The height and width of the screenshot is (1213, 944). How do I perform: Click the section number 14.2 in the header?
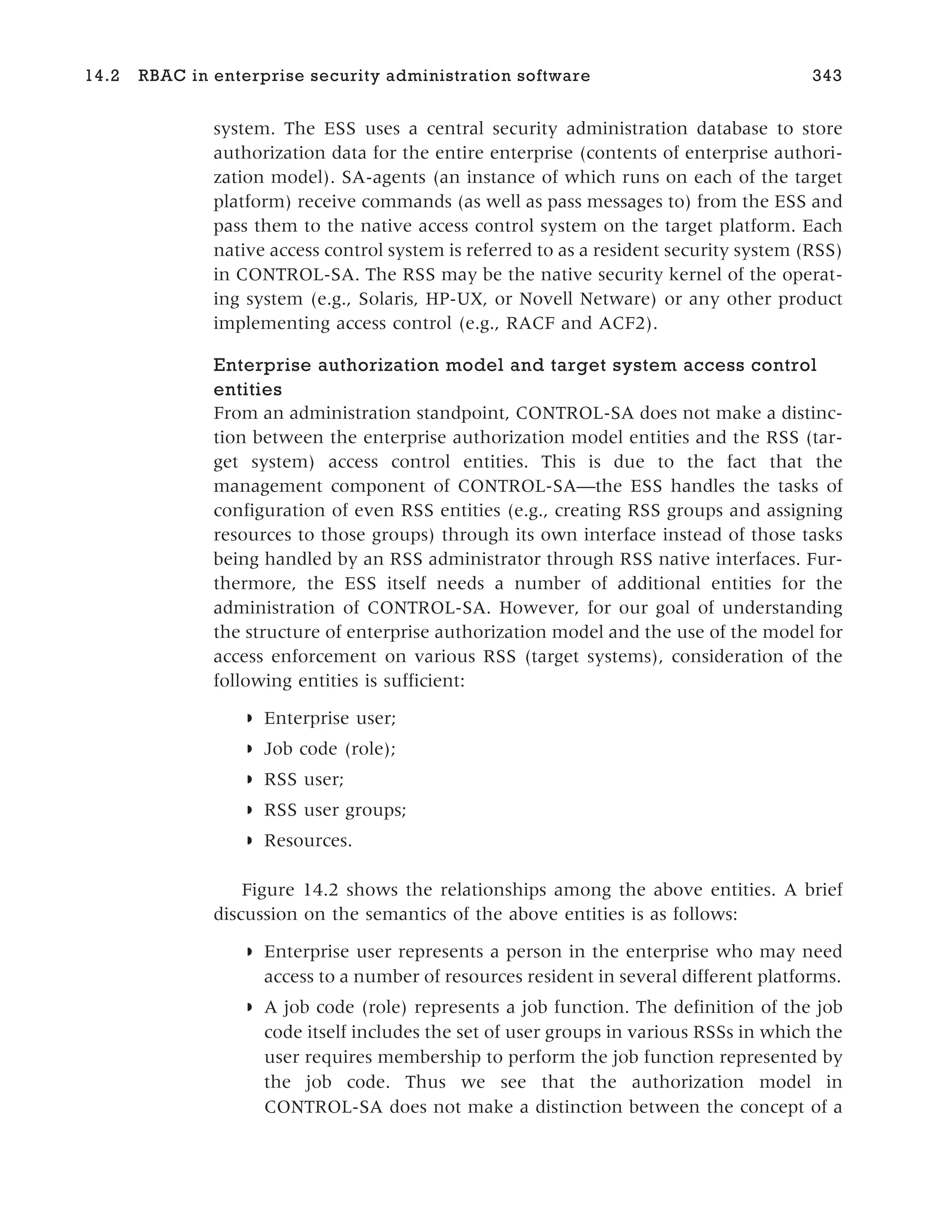tap(102, 76)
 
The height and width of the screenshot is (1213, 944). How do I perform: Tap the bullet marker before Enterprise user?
tap(249, 719)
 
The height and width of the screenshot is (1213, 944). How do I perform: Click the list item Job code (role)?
tap(330, 749)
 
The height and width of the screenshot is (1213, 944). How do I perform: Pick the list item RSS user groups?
tap(335, 810)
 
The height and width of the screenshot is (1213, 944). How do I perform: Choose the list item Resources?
tap(308, 841)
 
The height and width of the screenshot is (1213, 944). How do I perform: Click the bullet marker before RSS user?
tap(249, 780)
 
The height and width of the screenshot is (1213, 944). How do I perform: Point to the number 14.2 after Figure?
tap(321, 891)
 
